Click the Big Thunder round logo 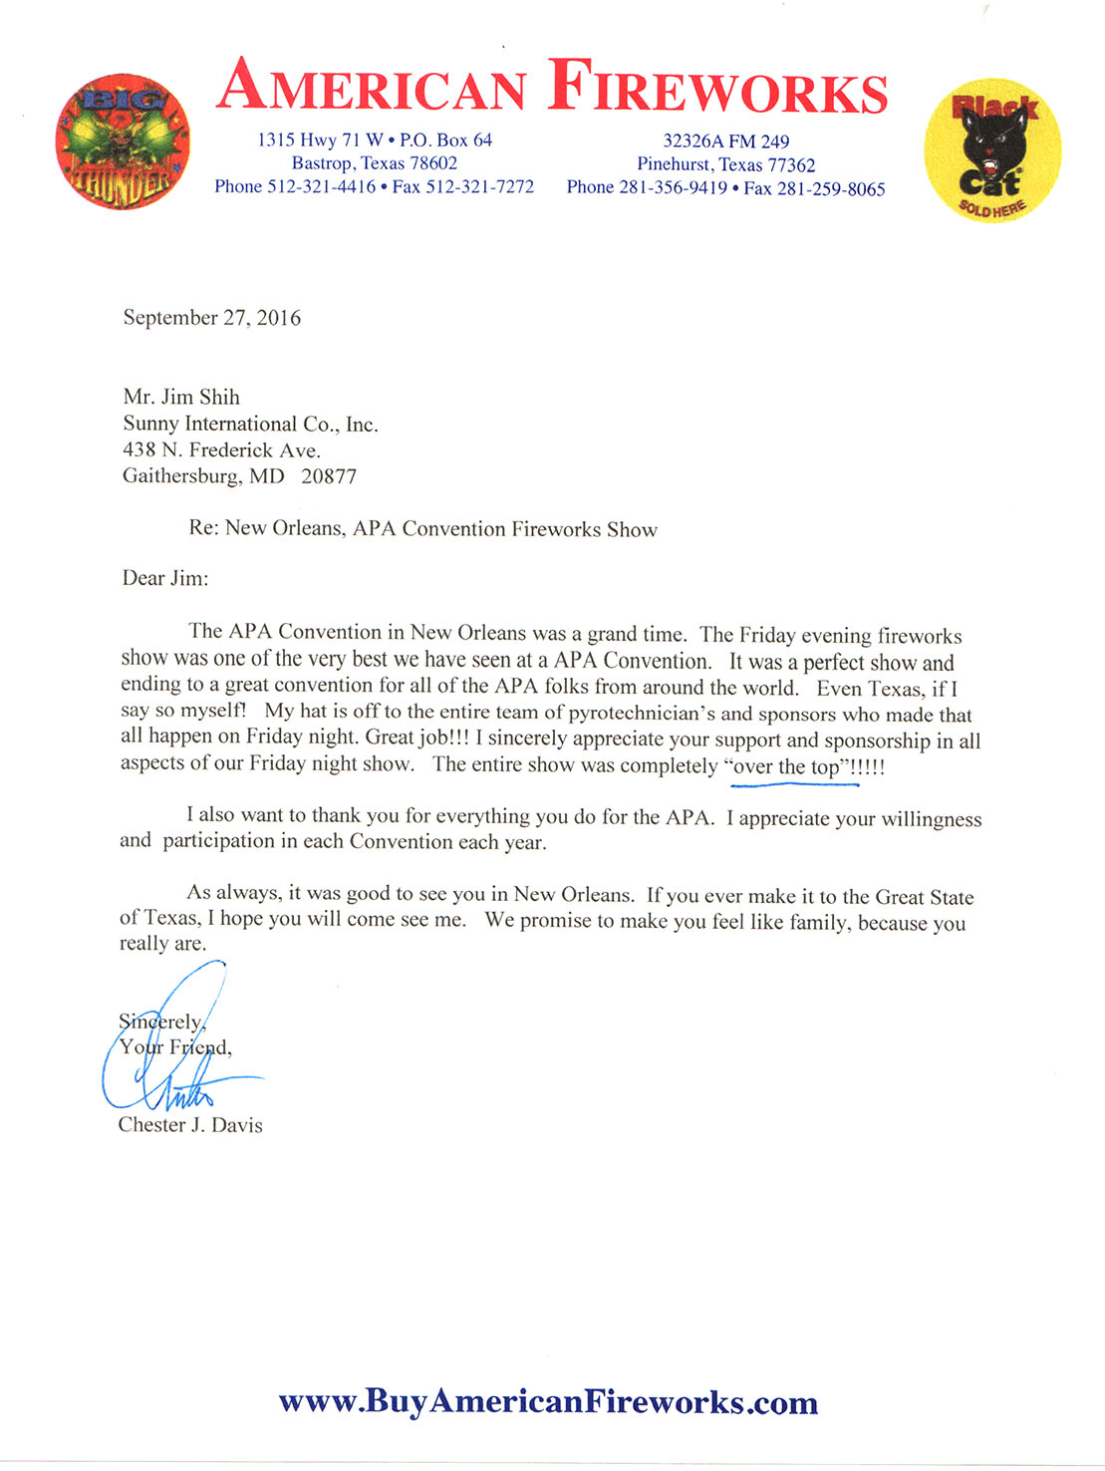(x=123, y=142)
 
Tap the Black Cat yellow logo (x=991, y=150)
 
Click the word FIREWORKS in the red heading (x=717, y=87)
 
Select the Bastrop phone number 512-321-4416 (x=322, y=186)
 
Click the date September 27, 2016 (x=211, y=318)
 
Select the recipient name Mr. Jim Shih (x=181, y=397)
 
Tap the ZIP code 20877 (x=329, y=476)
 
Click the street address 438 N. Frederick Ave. (x=221, y=450)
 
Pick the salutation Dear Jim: (x=165, y=578)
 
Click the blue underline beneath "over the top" (x=794, y=784)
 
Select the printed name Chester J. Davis (x=190, y=1125)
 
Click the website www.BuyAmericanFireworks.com (x=548, y=1401)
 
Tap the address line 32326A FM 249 (x=726, y=142)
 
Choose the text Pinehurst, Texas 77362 (x=726, y=165)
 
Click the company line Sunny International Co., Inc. (x=250, y=425)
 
